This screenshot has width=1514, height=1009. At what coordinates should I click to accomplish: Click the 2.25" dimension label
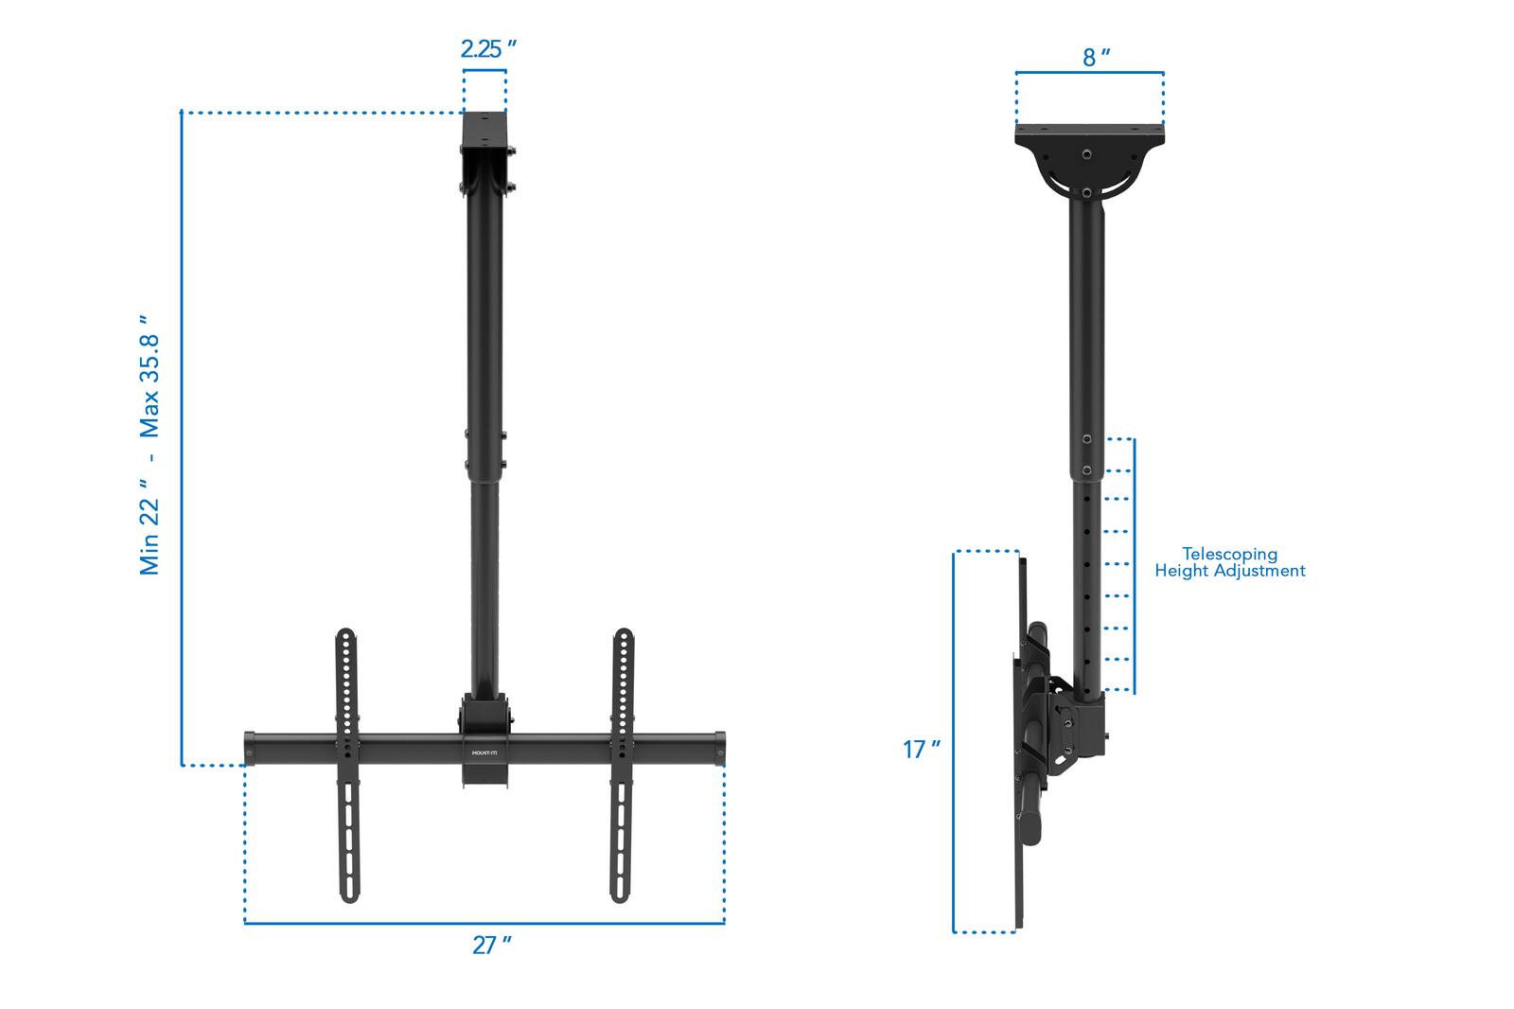click(x=487, y=50)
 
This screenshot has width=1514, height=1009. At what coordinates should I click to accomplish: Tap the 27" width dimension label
click(x=491, y=945)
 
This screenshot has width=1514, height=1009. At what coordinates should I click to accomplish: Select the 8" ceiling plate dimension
click(x=1095, y=58)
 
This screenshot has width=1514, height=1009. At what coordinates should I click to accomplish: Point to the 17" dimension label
click(x=921, y=750)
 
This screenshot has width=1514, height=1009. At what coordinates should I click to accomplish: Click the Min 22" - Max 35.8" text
click(x=150, y=445)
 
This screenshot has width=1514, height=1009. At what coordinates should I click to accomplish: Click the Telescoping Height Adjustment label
click(x=1229, y=562)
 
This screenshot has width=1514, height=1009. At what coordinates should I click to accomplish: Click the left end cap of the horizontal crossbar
click(x=250, y=748)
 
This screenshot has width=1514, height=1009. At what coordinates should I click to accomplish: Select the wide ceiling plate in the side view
click(x=1089, y=136)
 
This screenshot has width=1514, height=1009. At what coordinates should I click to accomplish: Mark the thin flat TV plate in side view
click(x=1022, y=738)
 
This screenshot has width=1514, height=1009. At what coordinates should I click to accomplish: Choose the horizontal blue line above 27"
click(x=484, y=922)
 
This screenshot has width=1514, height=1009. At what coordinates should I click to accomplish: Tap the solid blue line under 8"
click(x=1089, y=72)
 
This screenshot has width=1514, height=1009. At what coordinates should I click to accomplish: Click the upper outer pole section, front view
click(x=484, y=322)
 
